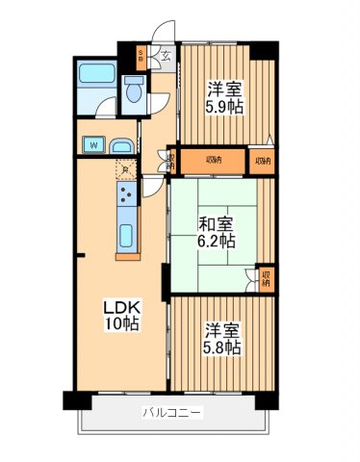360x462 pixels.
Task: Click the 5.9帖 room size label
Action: [224, 107]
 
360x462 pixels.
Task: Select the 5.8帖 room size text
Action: [220, 346]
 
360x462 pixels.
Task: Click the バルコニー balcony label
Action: [172, 413]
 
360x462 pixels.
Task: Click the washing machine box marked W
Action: [94, 145]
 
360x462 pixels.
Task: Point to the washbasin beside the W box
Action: [120, 145]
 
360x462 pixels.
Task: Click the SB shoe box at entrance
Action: [141, 55]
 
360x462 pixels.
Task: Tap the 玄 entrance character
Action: [165, 55]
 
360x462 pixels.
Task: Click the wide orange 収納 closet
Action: [213, 160]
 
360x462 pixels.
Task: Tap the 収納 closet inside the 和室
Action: [265, 280]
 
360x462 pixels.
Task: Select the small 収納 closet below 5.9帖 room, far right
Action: [262, 160]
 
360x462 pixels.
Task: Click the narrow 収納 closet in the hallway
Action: [171, 161]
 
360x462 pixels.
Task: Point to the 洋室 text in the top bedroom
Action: [223, 88]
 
